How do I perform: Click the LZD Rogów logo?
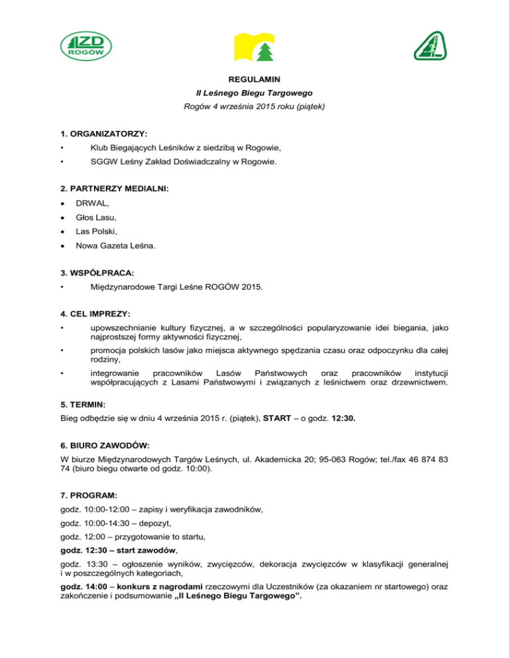click(86, 48)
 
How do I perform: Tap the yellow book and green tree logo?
click(254, 46)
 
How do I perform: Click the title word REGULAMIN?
click(254, 79)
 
